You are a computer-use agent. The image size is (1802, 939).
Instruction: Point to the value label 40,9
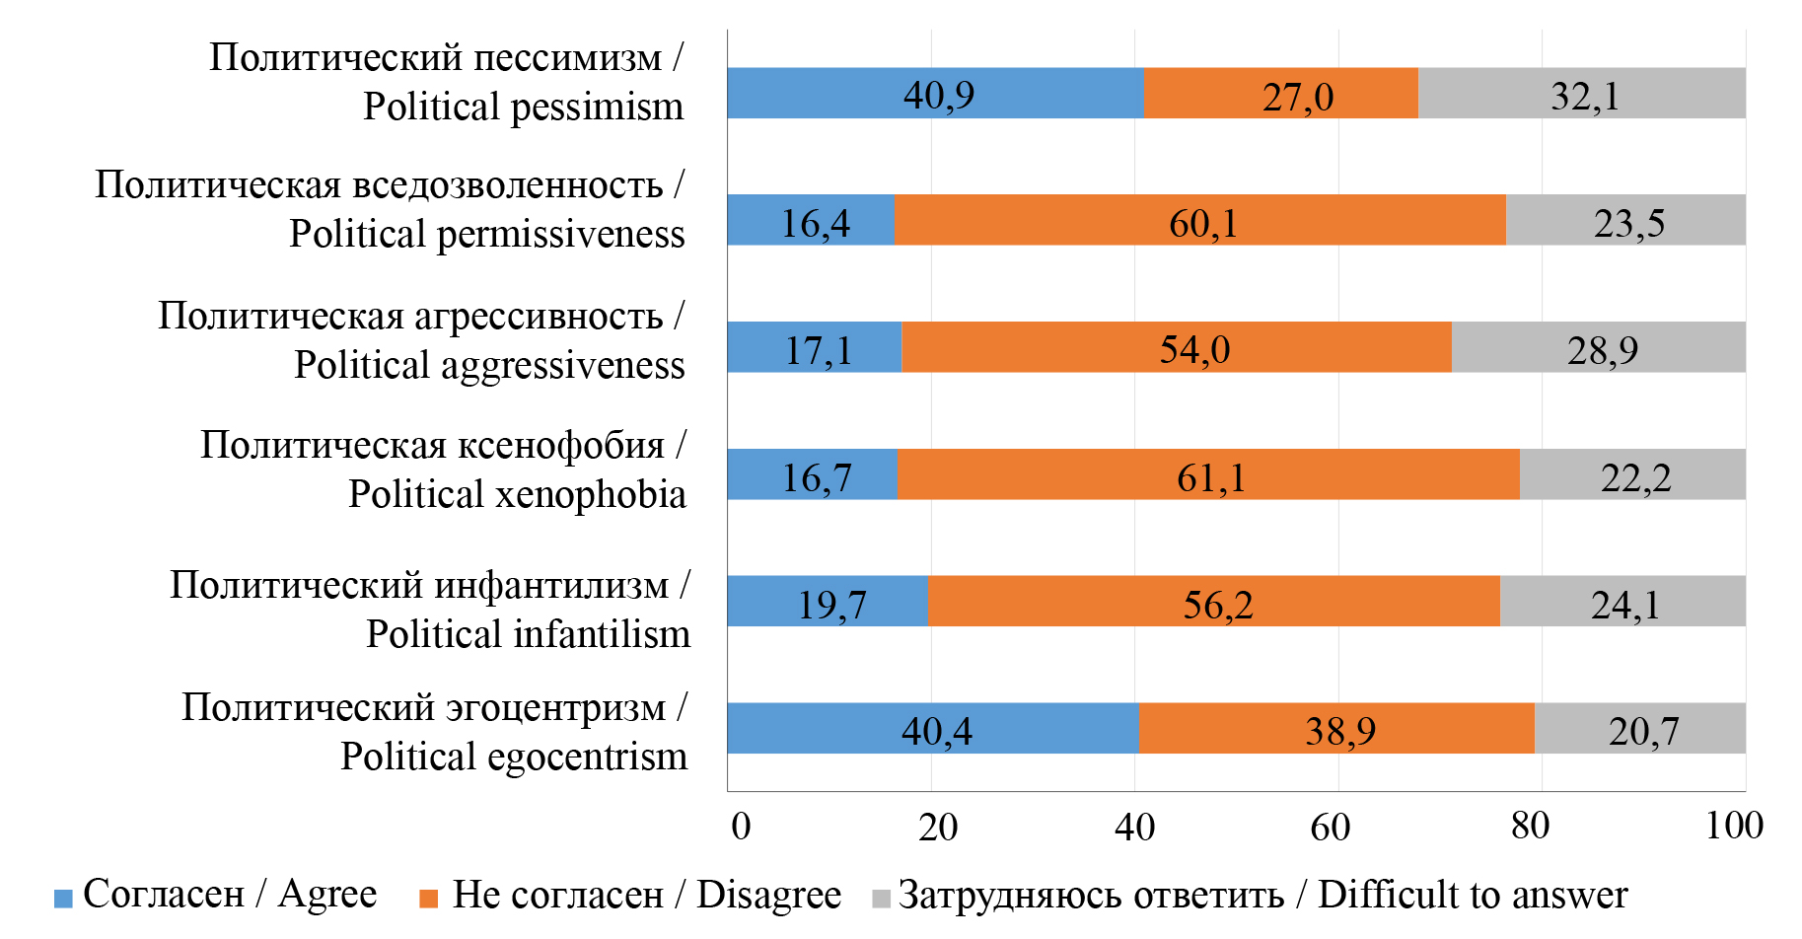(938, 96)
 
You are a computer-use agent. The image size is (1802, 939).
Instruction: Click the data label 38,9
(1339, 731)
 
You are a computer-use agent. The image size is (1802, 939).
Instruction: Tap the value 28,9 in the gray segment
(1602, 350)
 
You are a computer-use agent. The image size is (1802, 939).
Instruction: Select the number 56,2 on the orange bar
(1217, 605)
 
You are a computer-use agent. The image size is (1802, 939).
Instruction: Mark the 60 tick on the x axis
(1330, 827)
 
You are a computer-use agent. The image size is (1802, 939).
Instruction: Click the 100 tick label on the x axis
(1733, 826)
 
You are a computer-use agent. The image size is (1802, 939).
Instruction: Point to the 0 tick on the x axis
(741, 826)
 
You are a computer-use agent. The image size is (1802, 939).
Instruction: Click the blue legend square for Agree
(63, 899)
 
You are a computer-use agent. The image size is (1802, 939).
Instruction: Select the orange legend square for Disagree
(428, 899)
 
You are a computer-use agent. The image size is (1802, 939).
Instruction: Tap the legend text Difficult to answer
(1472, 895)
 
